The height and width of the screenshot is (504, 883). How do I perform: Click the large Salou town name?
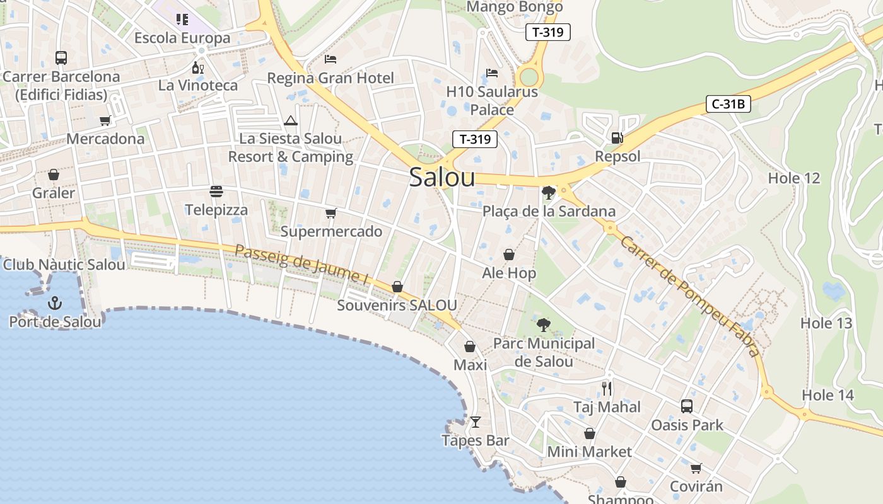pyautogui.click(x=441, y=177)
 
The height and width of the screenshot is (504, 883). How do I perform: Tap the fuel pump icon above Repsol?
pyautogui.click(x=617, y=137)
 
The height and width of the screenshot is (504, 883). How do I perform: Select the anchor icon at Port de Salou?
pyautogui.click(x=55, y=303)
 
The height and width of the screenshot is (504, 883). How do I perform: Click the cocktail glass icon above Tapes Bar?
pyautogui.click(x=476, y=421)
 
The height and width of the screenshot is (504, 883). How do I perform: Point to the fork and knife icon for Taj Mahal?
pyautogui.click(x=607, y=388)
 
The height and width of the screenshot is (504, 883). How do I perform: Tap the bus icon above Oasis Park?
pyautogui.click(x=687, y=406)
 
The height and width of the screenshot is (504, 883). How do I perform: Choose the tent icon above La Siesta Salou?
pyautogui.click(x=290, y=120)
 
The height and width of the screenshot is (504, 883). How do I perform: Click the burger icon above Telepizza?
pyautogui.click(x=216, y=191)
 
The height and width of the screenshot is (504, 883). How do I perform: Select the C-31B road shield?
pyautogui.click(x=728, y=104)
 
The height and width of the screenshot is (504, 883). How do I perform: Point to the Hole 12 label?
pyautogui.click(x=794, y=178)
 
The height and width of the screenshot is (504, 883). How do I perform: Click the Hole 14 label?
pyautogui.click(x=827, y=395)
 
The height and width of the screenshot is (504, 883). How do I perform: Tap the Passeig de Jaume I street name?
pyautogui.click(x=301, y=265)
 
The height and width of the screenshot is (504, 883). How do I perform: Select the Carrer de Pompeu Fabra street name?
pyautogui.click(x=690, y=296)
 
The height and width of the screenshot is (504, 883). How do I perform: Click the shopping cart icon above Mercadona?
pyautogui.click(x=105, y=120)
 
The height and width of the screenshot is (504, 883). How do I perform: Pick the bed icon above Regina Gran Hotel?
pyautogui.click(x=330, y=59)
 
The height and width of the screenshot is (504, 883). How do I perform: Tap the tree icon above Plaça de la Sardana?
pyautogui.click(x=548, y=192)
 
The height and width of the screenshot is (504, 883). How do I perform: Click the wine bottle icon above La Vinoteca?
pyautogui.click(x=197, y=67)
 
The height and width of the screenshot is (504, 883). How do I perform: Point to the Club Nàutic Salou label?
pyautogui.click(x=64, y=265)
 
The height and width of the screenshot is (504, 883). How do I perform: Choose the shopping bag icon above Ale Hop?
pyautogui.click(x=509, y=255)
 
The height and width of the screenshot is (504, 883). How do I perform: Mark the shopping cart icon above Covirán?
pyautogui.click(x=696, y=468)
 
